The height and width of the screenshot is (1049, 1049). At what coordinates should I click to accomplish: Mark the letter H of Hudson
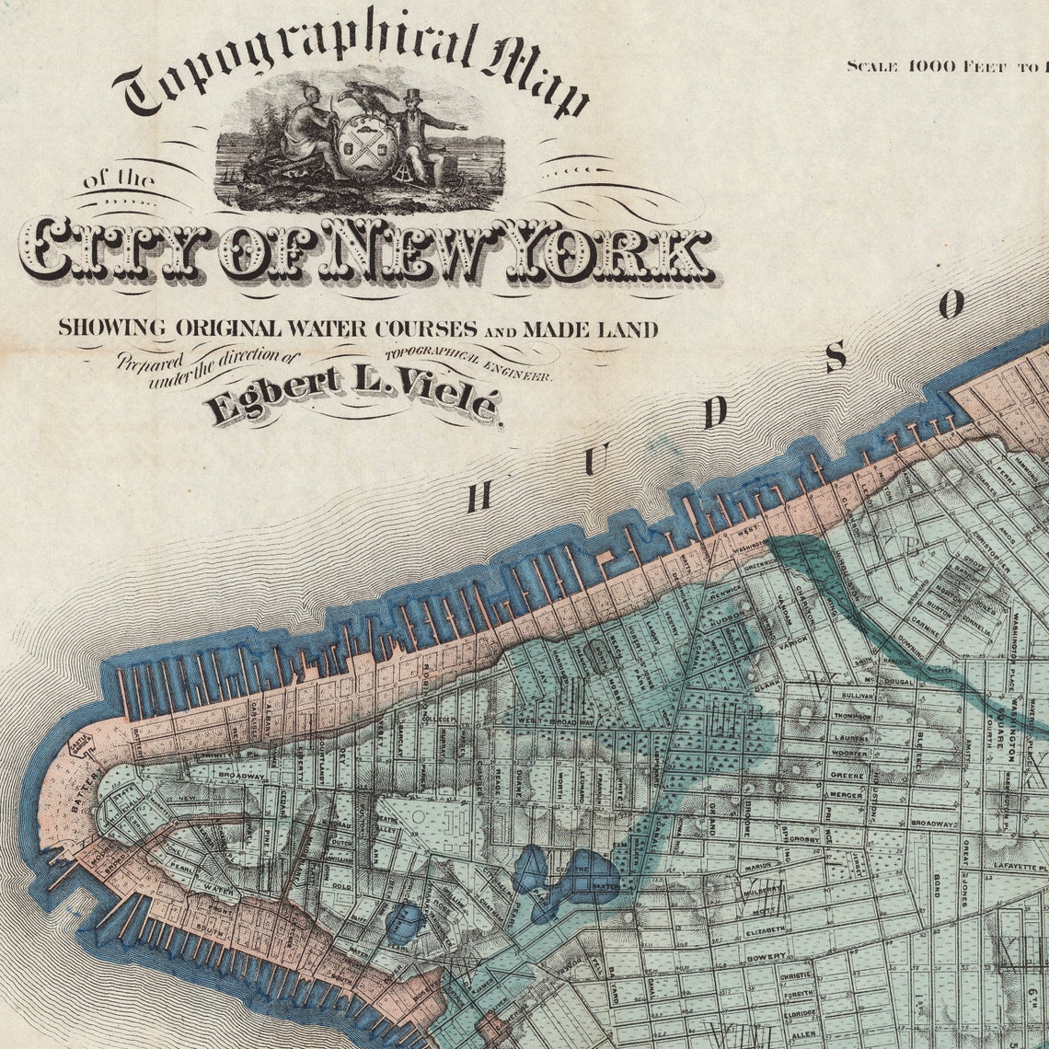coord(478,497)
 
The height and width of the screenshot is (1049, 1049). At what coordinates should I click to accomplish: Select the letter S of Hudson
coord(836,356)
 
